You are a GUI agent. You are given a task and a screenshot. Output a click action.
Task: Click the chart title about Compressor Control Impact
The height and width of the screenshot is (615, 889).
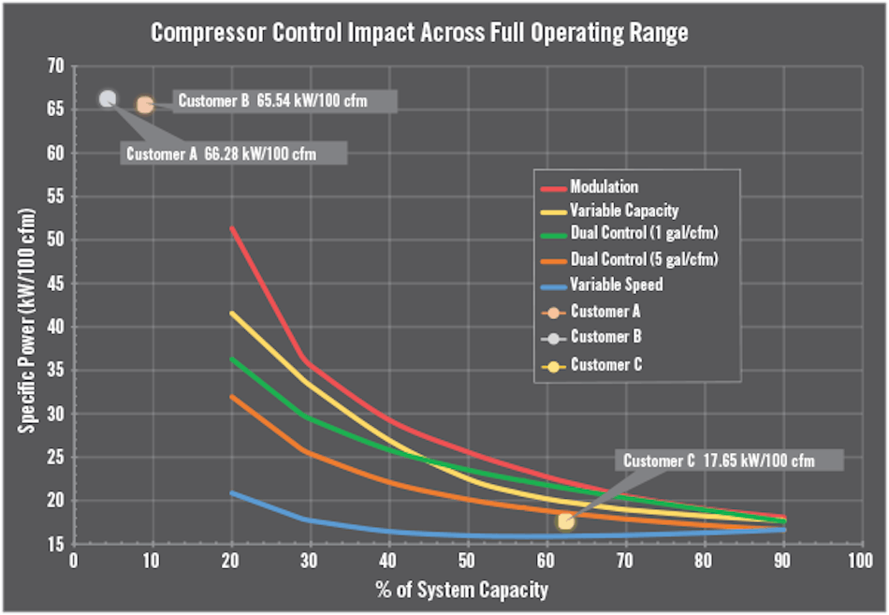tap(419, 33)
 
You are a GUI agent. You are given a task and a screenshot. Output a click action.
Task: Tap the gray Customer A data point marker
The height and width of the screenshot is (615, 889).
tap(108, 98)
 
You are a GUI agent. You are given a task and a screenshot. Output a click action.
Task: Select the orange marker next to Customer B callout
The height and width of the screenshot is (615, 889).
tap(144, 105)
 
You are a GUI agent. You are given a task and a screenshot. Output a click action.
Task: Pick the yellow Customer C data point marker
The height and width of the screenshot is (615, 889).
tap(566, 520)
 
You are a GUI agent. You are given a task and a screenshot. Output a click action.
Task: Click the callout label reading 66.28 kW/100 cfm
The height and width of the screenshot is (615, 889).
tap(234, 154)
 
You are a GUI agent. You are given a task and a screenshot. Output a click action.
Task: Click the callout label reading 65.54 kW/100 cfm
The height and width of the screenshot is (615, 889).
tap(285, 101)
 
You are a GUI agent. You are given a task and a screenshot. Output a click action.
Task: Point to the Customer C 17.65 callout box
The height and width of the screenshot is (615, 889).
tap(727, 460)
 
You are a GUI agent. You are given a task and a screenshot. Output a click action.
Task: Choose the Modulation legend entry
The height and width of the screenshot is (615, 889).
tap(604, 187)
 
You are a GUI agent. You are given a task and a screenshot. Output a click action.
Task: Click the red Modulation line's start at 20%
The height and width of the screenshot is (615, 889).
tap(232, 228)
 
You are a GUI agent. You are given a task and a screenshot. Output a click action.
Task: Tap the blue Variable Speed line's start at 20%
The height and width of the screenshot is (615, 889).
tap(232, 492)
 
